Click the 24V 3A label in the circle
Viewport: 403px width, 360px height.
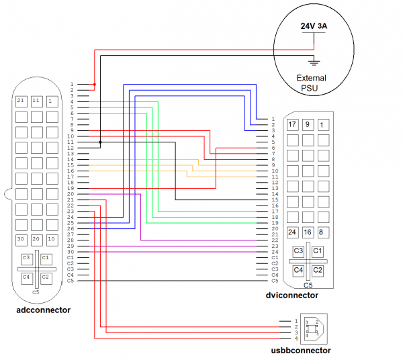[x=314, y=26]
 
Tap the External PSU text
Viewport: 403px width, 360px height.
[x=311, y=83]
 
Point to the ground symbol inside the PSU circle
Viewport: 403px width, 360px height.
[x=314, y=62]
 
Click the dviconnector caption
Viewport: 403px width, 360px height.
[x=292, y=295]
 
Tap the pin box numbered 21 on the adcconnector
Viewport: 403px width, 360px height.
[x=21, y=101]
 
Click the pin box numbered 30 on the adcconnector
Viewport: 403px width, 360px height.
[x=21, y=239]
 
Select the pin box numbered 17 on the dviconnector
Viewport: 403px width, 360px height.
[x=292, y=124]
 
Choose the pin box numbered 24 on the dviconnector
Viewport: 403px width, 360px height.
[x=292, y=232]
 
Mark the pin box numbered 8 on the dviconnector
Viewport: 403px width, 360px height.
[x=323, y=232]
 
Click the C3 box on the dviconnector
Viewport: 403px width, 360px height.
[x=298, y=251]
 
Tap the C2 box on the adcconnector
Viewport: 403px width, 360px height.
[x=46, y=276]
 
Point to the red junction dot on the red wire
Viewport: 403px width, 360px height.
[x=94, y=85]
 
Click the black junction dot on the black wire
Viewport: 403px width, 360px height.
[x=100, y=142]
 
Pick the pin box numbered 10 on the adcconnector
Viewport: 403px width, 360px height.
[x=52, y=239]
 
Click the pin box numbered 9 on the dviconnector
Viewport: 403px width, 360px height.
[x=308, y=124]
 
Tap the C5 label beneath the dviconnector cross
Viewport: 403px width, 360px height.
[x=308, y=285]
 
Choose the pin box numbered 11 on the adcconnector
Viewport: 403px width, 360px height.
[x=36, y=101]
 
